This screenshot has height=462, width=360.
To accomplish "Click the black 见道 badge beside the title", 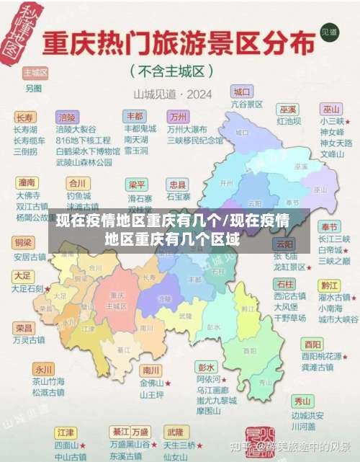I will point(329,32).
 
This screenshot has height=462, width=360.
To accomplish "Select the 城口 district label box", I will point(242,92).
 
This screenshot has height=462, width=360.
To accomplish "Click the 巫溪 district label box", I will point(288,110).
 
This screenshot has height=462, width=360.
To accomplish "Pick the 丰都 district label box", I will point(134,116).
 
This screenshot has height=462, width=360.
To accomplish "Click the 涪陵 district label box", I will point(68,117).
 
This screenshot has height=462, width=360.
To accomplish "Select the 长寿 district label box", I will point(24,117).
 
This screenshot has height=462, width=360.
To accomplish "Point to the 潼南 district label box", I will point(27,182).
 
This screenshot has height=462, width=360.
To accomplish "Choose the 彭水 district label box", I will point(207,366).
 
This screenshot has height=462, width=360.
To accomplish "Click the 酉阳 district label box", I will point(312,344).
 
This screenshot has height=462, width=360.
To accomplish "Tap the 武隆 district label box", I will point(175,432).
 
